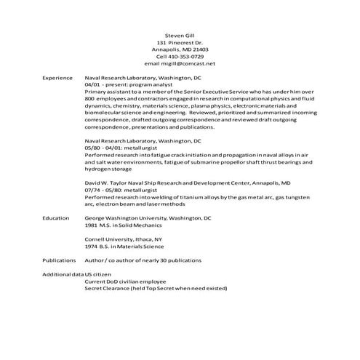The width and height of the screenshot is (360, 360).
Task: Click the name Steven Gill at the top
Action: (180, 34)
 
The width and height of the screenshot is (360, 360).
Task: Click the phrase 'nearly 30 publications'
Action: (182, 260)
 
